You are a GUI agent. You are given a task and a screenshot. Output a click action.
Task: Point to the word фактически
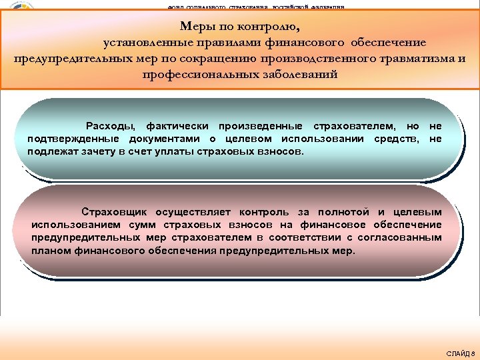[177, 126]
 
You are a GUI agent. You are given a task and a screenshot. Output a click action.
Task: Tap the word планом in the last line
[49, 251]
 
